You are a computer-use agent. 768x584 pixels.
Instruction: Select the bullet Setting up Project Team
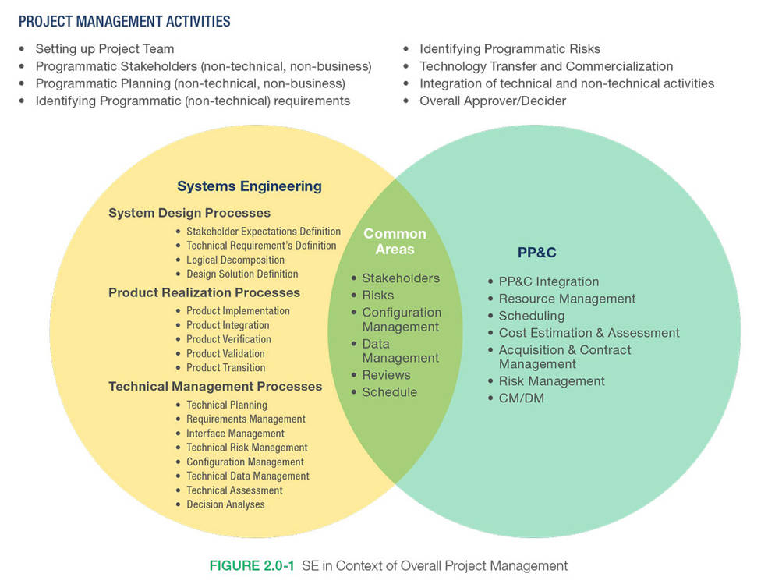pos(104,49)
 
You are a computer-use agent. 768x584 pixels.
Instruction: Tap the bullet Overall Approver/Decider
pos(493,101)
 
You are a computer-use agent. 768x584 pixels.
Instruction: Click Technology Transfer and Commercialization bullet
pos(546,66)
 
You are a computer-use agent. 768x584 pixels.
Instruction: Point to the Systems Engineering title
pos(250,186)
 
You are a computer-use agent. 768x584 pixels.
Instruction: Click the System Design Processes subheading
pos(189,213)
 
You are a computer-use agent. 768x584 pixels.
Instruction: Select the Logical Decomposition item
pos(235,260)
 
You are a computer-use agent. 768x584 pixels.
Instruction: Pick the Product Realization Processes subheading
pos(204,293)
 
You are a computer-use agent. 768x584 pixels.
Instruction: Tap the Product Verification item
pos(228,339)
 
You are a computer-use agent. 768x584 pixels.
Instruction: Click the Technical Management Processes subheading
pos(215,387)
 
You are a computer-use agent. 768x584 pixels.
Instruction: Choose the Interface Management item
pos(235,434)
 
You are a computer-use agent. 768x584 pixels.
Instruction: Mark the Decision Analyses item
pos(225,504)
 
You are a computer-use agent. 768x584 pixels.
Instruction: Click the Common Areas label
pos(395,242)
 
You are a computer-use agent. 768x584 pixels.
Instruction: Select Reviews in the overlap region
pos(386,375)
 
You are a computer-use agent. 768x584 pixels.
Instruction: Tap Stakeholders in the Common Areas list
pos(400,278)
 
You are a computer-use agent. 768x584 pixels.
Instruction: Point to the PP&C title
pos(537,253)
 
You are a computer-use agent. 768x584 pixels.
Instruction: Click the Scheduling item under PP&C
pos(531,316)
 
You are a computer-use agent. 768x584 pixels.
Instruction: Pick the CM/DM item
pos(521,398)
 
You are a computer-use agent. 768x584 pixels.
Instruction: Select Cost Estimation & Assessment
pos(589,333)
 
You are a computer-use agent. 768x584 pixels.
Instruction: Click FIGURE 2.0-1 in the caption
pos(252,565)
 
